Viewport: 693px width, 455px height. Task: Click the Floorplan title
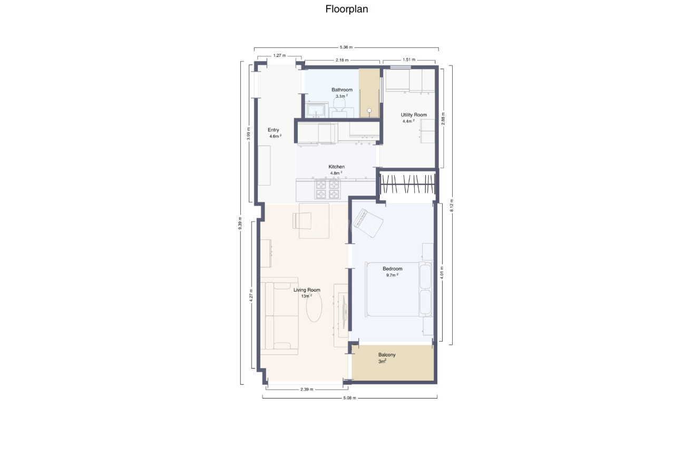[346, 9]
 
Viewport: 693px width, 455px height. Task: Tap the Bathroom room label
[341, 90]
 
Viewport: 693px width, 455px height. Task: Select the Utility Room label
[414, 115]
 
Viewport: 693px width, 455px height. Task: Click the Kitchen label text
[336, 167]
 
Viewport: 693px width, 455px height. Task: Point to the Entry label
[273, 130]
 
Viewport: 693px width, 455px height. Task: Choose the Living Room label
[307, 289]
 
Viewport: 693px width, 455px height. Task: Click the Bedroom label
[392, 269]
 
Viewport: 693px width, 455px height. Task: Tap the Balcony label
[387, 355]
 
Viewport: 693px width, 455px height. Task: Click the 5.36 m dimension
[346, 47]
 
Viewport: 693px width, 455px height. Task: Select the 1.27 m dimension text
[279, 55]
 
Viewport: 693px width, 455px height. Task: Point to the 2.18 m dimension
[342, 60]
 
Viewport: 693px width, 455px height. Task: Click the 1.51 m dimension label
[409, 60]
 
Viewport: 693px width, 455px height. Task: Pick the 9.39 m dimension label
[240, 224]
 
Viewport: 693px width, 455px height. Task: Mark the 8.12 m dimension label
[452, 205]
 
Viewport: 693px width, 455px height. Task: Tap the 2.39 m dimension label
[307, 390]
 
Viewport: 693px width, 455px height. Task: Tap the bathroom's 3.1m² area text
[341, 96]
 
